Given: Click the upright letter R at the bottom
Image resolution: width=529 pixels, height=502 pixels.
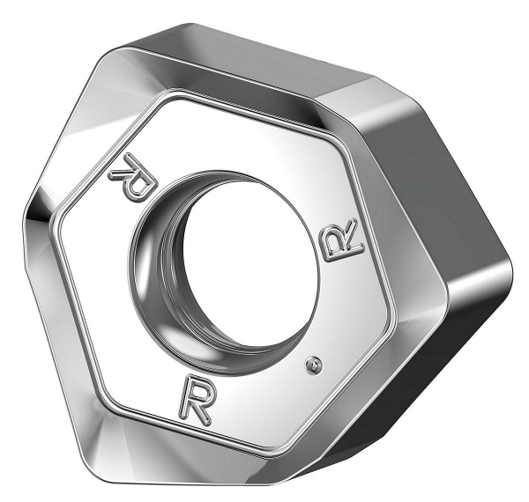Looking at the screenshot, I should point(196,398).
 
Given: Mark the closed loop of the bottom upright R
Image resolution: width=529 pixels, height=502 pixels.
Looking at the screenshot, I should point(196,388).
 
